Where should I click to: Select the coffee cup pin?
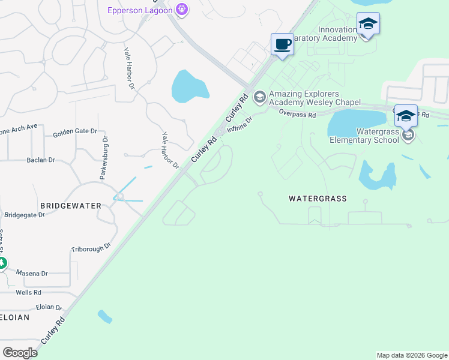[x=282, y=45]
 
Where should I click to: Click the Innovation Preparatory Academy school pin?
[x=368, y=25]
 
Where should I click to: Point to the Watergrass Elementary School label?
[x=364, y=136]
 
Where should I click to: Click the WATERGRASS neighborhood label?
[x=318, y=198]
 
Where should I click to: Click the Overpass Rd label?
[x=297, y=114]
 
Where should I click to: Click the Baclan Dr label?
[x=41, y=160]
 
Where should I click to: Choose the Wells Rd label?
[x=28, y=292]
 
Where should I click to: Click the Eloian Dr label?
[x=49, y=307]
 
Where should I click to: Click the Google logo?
[x=20, y=352]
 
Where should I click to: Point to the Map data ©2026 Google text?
[x=411, y=355]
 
